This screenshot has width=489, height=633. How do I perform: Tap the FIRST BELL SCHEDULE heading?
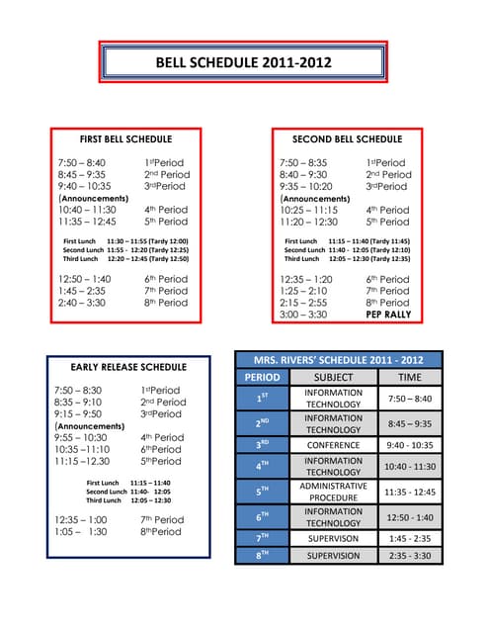125,139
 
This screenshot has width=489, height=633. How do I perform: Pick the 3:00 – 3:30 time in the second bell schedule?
303,315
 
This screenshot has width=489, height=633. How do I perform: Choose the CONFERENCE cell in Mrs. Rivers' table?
333,445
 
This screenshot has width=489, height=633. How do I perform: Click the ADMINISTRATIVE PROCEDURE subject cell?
333,492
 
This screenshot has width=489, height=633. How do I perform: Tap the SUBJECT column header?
333,377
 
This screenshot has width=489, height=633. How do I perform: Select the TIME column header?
409,377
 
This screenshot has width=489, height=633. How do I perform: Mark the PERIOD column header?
263,377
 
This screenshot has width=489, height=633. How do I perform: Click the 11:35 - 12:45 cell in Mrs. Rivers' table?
409,492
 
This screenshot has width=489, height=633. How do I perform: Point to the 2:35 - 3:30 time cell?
409,556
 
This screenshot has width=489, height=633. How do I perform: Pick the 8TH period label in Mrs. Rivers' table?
263,556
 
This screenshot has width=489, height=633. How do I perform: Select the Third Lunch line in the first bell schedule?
124,259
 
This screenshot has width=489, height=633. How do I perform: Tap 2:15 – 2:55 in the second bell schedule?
304,303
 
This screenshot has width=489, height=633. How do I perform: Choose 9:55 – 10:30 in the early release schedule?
81,437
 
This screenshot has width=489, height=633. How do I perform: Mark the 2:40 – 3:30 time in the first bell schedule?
83,303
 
